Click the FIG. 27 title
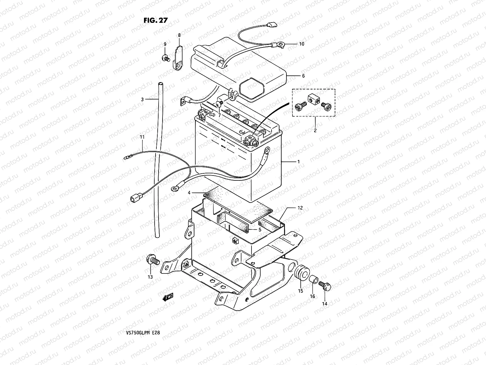pos(156,20)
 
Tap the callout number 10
pos(301,44)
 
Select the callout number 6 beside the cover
pos(303,76)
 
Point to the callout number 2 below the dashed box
pos(315,131)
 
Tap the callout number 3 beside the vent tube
pos(142,99)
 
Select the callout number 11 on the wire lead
pos(142,137)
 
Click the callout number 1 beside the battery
pos(298,162)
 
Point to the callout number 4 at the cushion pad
pos(189,193)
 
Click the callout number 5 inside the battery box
pos(260,230)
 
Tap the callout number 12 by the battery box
pos(300,208)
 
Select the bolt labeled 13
pos(153,261)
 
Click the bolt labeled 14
pos(325,286)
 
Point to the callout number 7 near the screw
pos(219,116)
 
